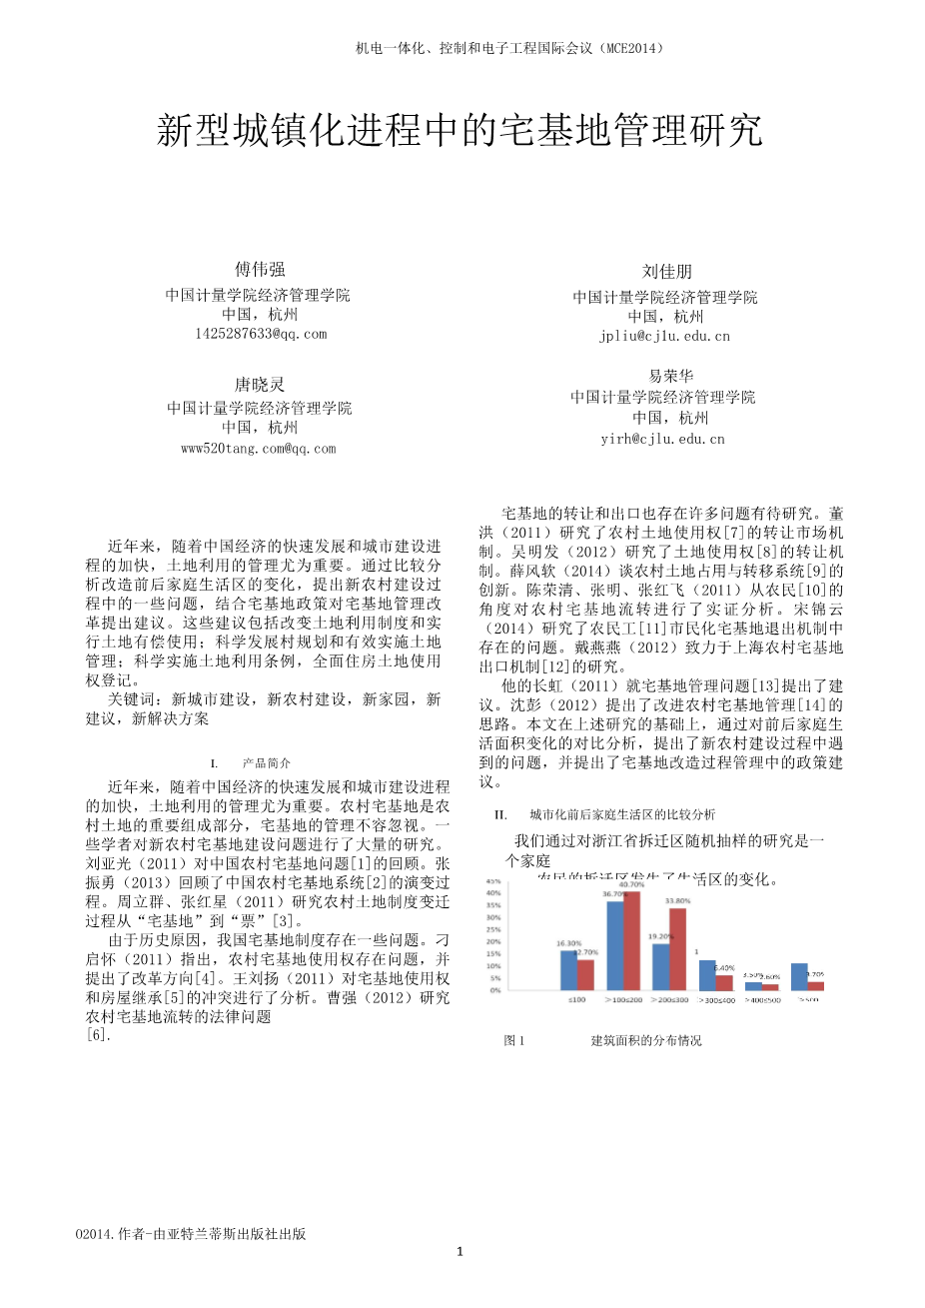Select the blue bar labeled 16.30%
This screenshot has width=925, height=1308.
[x=568, y=969]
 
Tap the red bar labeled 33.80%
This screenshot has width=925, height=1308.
[x=678, y=948]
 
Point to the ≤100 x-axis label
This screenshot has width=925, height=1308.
[x=576, y=999]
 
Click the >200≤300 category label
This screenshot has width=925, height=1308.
[x=668, y=999]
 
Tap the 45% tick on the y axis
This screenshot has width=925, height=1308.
[x=493, y=881]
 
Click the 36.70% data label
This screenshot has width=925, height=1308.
[x=615, y=893]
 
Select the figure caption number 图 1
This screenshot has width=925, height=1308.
[x=514, y=1040]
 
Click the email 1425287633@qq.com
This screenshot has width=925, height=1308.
[x=261, y=334]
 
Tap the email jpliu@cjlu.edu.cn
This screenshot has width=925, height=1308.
[x=664, y=336]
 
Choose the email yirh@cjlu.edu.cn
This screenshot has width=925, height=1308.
[x=662, y=439]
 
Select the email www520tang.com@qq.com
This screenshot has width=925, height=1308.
[x=259, y=449]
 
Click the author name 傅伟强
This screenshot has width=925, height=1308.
[x=260, y=269]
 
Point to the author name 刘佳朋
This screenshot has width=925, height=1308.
[x=666, y=272]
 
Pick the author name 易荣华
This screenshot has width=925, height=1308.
[x=670, y=376]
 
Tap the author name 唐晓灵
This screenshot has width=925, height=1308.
[x=260, y=384]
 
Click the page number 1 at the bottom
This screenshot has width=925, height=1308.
[x=461, y=1251]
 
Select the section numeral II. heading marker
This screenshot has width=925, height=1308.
[x=501, y=814]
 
